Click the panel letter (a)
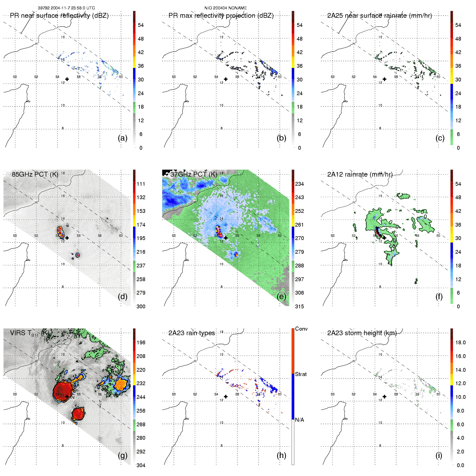tap(123, 138)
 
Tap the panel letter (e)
tap(281, 296)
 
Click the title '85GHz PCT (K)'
tap(35, 174)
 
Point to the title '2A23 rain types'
tap(192, 333)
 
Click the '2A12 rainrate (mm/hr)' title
tap(360, 174)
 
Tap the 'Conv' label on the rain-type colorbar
tap(301, 329)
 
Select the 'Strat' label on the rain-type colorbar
tap(301, 374)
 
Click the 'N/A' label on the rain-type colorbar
tap(299, 420)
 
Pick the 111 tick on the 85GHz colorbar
tap(141, 184)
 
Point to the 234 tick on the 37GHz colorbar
tap(299, 184)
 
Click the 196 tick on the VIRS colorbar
tap(141, 342)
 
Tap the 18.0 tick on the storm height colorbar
tap(460, 342)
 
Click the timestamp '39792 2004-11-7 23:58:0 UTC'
tap(66, 8)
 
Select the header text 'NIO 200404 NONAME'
tap(226, 8)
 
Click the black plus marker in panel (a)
tap(67, 79)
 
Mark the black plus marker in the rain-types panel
tap(226, 396)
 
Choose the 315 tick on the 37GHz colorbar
tap(299, 306)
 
